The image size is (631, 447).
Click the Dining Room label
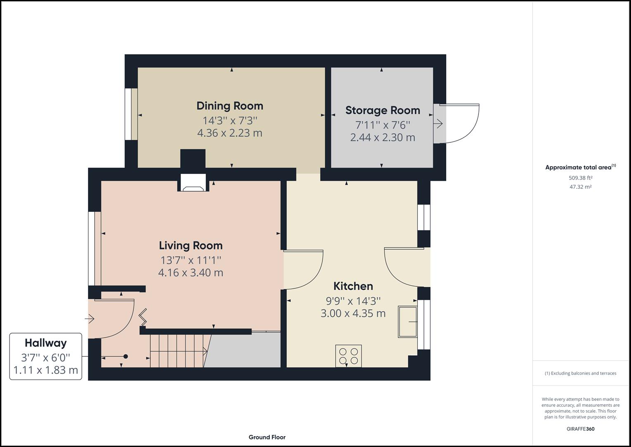[x=230, y=106]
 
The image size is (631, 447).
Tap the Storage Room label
[x=383, y=111]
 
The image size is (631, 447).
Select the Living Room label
[x=191, y=245]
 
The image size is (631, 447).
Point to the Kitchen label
[x=353, y=286]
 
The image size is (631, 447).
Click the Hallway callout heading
[x=45, y=343]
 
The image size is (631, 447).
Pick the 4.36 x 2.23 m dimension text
[x=230, y=133]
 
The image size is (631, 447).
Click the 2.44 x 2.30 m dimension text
[x=383, y=137]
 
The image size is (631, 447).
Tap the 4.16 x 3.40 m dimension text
[x=191, y=273]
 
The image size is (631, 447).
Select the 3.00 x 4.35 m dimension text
[x=353, y=313]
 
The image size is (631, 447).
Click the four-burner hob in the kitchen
[x=348, y=356]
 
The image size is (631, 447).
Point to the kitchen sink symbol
[x=407, y=322]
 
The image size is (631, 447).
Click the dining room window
[x=131, y=114]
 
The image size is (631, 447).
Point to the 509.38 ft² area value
[x=580, y=178]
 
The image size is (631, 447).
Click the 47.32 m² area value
[x=580, y=187]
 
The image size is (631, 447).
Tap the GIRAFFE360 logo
[x=580, y=429]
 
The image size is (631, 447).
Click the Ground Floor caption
[x=267, y=437]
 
